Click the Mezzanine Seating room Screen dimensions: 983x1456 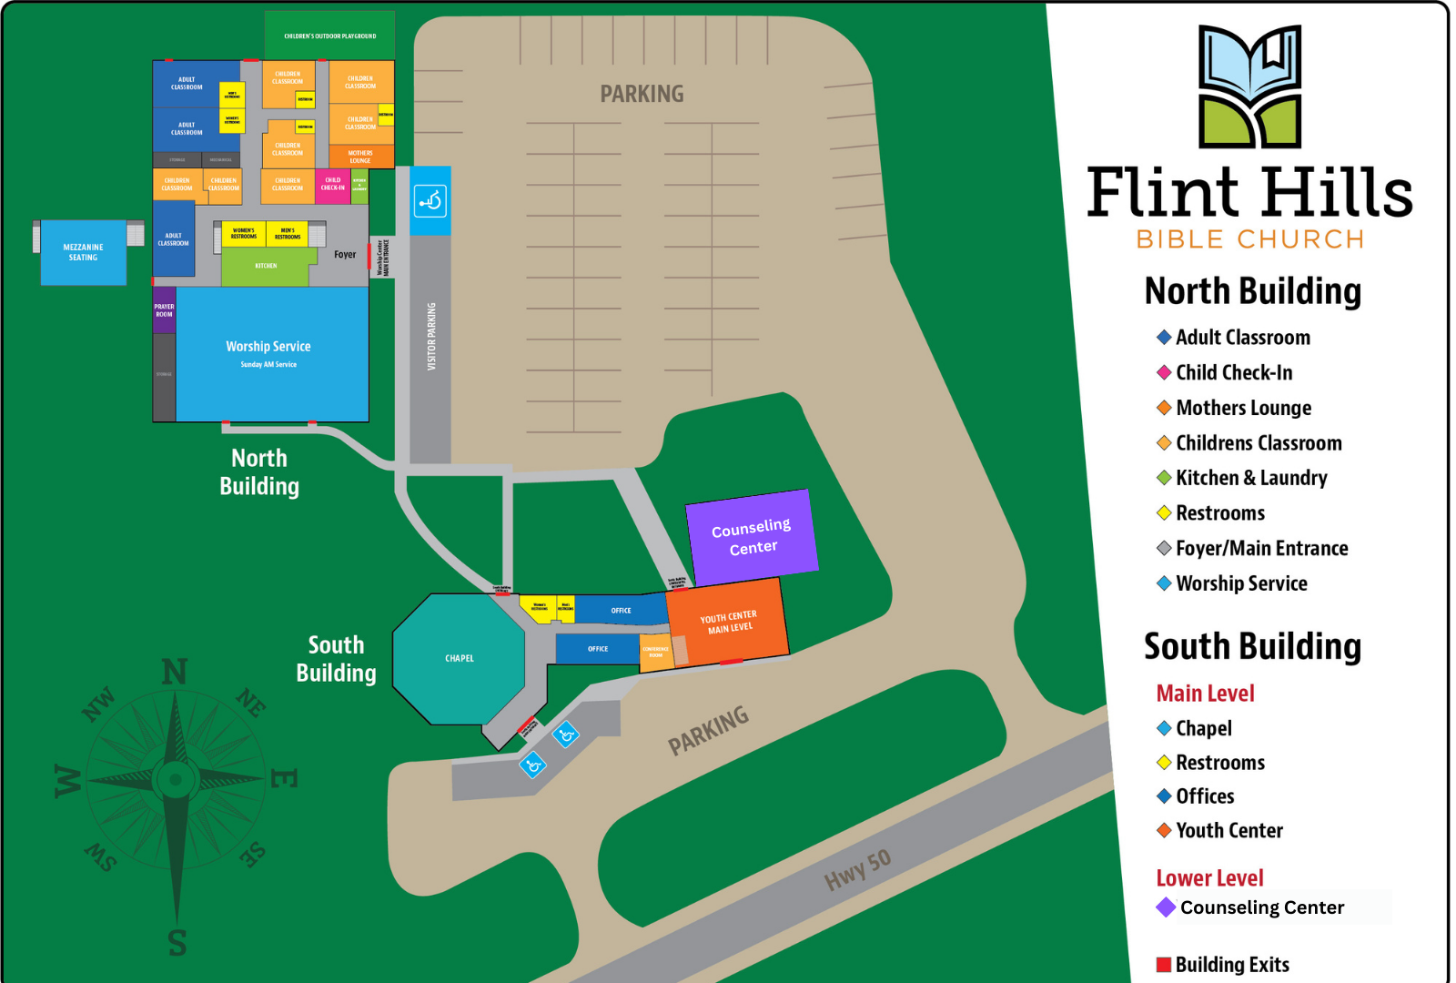pyautogui.click(x=83, y=252)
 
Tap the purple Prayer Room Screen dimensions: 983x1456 pyautogui.click(x=164, y=310)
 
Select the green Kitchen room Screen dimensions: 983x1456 pyautogui.click(x=266, y=266)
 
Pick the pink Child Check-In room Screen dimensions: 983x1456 pyautogui.click(x=332, y=185)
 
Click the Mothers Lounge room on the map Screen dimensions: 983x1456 pyautogui.click(x=360, y=157)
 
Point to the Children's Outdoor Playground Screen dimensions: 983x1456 pyautogui.click(x=329, y=35)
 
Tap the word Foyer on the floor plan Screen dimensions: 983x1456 pyautogui.click(x=345, y=255)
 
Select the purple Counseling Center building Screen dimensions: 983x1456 pyautogui.click(x=752, y=536)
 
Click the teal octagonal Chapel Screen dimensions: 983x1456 pyautogui.click(x=459, y=658)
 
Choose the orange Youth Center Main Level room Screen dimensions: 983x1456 pyautogui.click(x=729, y=623)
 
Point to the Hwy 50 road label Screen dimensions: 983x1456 pyautogui.click(x=857, y=869)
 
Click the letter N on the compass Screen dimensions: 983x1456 pyautogui.click(x=175, y=673)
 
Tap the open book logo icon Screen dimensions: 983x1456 pyautogui.click(x=1249, y=86)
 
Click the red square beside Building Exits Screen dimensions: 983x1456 pyautogui.click(x=1163, y=965)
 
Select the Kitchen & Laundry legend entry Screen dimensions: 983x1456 pyautogui.click(x=1250, y=478)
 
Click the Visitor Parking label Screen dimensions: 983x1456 pyautogui.click(x=431, y=336)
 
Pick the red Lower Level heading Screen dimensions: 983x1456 pyautogui.click(x=1209, y=878)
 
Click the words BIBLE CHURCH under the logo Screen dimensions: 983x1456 pyautogui.click(x=1249, y=239)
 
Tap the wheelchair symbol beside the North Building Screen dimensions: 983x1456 pyautogui.click(x=430, y=200)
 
